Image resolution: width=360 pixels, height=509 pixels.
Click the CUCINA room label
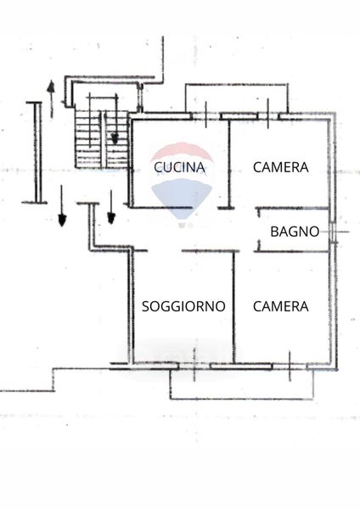tap(179, 167)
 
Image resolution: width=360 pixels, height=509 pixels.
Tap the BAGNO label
tap(295, 232)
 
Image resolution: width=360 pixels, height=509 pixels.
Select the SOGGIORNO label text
tap(183, 306)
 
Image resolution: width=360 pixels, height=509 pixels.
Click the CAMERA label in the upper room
tap(281, 167)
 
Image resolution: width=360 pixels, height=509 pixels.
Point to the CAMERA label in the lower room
tap(281, 306)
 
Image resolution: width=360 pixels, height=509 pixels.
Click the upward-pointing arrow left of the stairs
tap(51, 98)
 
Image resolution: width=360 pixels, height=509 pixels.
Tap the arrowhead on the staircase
tap(115, 139)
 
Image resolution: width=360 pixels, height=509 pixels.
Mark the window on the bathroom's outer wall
tap(333, 232)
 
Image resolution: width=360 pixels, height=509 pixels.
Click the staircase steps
tap(101, 140)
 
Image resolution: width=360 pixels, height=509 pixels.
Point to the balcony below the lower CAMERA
tap(241, 384)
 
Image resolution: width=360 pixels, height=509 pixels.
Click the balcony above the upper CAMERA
tap(237, 98)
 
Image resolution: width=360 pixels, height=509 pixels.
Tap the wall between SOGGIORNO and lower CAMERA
tap(233, 307)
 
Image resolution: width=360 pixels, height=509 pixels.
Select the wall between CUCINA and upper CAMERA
tap(229, 164)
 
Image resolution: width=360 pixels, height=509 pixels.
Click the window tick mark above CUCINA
tap(206, 115)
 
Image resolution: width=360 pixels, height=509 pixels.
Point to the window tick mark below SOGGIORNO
tap(194, 365)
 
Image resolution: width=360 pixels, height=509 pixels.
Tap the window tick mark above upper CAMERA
tap(268, 114)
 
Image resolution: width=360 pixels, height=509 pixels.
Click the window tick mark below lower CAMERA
tap(290, 366)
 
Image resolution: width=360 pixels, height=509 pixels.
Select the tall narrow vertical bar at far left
tap(38, 153)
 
